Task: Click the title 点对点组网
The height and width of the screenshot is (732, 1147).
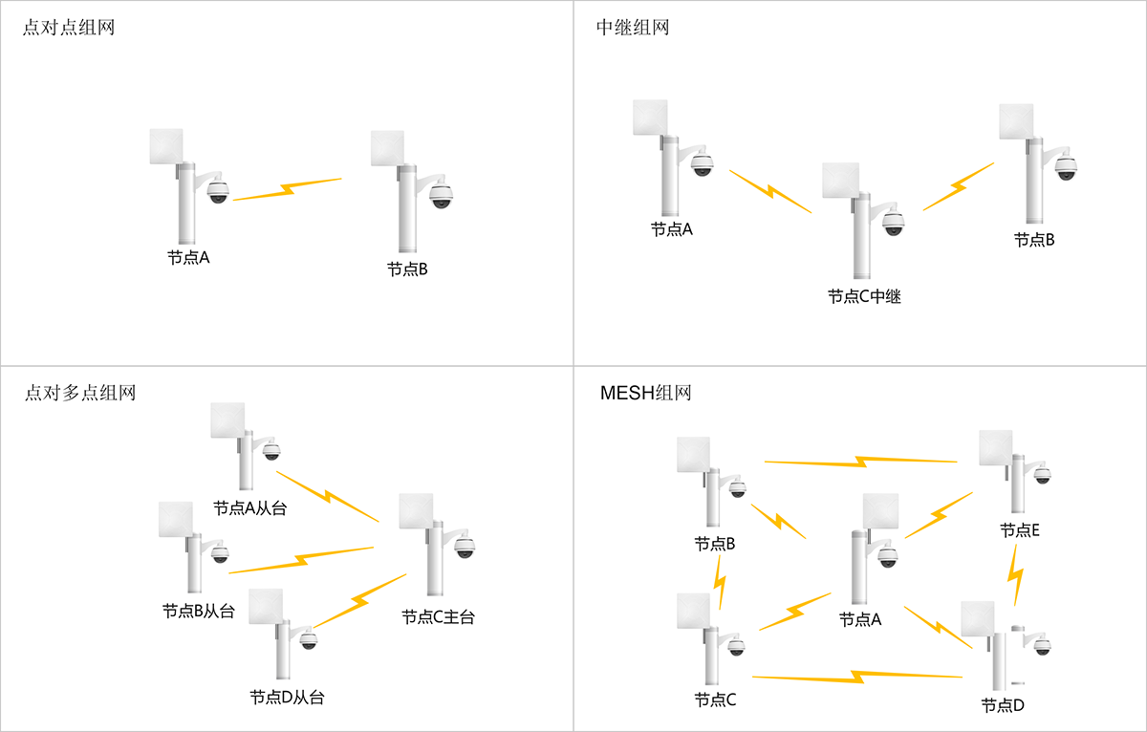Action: tap(68, 28)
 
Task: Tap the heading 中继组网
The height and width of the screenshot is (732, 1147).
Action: tap(632, 28)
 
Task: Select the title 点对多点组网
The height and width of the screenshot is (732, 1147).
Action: tap(79, 393)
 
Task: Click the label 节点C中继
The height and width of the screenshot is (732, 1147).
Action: tap(864, 297)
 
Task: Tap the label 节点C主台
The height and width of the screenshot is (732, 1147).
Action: tap(438, 617)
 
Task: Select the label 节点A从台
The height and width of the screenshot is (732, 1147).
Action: tap(249, 508)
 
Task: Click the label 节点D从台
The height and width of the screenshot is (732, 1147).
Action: tap(287, 698)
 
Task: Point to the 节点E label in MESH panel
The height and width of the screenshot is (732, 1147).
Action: tap(1019, 530)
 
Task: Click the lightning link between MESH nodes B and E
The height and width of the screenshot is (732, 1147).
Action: tap(860, 463)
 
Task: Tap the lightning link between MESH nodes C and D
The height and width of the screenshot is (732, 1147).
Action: tap(856, 678)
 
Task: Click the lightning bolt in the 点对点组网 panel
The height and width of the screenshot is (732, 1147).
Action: tap(287, 189)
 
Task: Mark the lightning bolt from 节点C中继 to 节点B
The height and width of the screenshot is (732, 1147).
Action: tap(958, 187)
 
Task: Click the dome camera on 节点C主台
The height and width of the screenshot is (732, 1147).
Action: tap(465, 548)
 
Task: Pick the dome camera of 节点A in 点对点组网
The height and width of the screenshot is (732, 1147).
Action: tap(219, 190)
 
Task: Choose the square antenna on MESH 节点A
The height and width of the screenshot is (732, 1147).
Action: tap(881, 513)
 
